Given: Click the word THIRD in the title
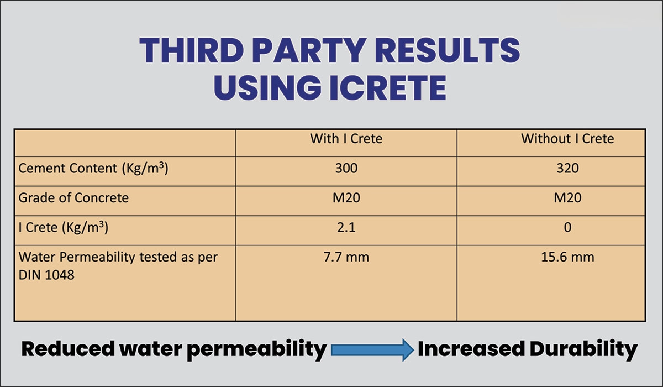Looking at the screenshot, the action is click(x=192, y=50).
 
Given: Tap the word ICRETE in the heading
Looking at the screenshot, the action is click(x=388, y=88).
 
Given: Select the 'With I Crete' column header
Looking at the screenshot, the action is click(x=346, y=139).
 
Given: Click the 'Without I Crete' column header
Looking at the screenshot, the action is click(x=567, y=139).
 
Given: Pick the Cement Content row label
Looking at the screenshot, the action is click(x=93, y=169).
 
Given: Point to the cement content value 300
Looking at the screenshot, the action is click(x=346, y=168).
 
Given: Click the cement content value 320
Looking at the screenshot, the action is click(x=567, y=168).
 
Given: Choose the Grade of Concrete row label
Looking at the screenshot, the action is click(x=73, y=197).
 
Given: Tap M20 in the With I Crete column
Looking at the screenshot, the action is click(x=346, y=198).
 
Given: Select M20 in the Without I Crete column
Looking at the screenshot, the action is click(x=567, y=198).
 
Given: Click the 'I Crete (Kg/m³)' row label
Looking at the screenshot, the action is click(x=64, y=228).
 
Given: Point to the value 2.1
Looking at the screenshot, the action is click(x=346, y=227).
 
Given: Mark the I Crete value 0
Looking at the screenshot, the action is click(x=567, y=227).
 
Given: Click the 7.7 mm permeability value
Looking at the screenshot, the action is click(x=346, y=257).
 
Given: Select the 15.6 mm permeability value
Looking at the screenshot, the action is click(x=567, y=257).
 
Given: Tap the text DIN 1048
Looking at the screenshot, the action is click(x=46, y=275).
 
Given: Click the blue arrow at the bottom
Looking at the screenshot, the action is click(x=372, y=350).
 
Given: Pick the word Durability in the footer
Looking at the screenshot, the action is click(x=583, y=349).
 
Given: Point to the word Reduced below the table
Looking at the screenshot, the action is click(x=68, y=349).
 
